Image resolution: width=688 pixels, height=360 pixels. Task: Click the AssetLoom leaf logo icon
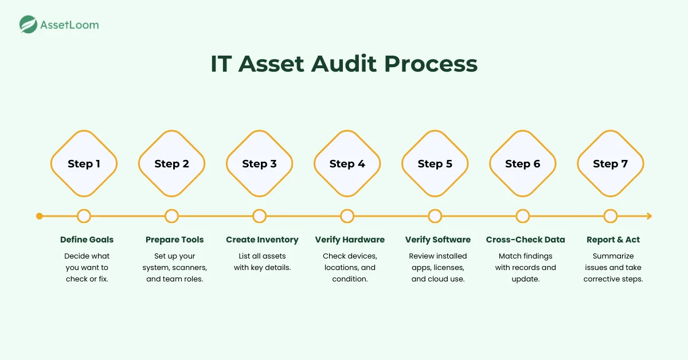[29, 25]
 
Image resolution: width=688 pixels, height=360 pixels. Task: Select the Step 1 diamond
[84, 164]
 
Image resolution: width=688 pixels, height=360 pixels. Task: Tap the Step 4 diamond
[347, 164]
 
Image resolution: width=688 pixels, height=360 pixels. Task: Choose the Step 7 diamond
[610, 164]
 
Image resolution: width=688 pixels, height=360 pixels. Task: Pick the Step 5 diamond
[435, 164]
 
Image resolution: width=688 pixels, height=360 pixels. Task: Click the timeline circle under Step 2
[171, 216]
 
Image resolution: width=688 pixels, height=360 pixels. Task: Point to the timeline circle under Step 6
[522, 216]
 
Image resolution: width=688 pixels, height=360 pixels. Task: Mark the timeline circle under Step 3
[259, 216]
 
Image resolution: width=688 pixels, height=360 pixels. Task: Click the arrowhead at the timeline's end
[649, 216]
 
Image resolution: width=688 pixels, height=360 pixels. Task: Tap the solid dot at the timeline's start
[39, 216]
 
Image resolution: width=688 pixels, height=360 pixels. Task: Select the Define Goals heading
[87, 240]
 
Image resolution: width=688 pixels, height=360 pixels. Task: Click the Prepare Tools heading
[174, 240]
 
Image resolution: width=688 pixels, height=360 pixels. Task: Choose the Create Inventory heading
[262, 240]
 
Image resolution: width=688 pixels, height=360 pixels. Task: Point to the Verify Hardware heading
[350, 240]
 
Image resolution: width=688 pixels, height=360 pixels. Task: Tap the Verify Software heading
[437, 240]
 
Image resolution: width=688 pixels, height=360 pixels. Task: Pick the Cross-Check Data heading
[525, 240]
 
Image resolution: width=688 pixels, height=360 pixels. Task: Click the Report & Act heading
[613, 240]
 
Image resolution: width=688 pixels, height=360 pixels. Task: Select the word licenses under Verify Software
[448, 268]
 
